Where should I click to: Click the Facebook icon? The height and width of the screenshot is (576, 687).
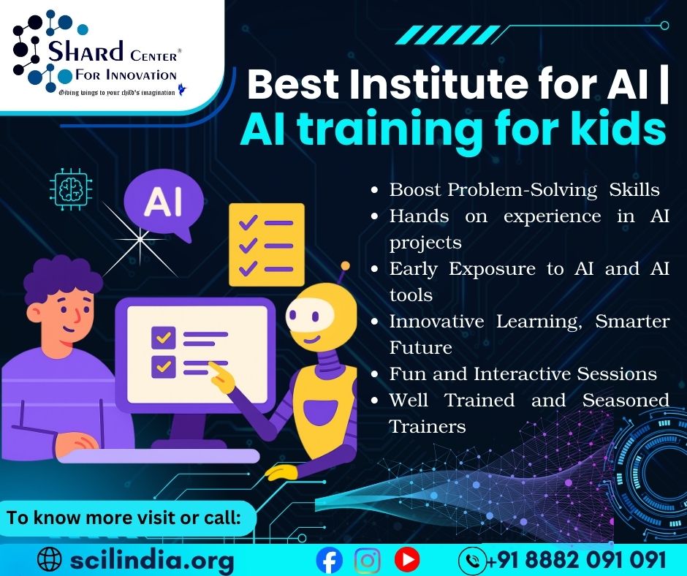pos(329,560)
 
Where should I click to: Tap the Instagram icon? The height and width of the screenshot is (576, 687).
pos(367,560)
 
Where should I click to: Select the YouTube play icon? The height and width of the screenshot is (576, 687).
pos(407,559)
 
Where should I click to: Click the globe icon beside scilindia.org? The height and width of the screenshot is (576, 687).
pos(50,560)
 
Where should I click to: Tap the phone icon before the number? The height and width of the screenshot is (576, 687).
pos(472,560)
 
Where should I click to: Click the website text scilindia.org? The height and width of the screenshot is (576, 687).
pos(152,560)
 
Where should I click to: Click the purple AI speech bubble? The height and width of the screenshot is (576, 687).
pos(164,204)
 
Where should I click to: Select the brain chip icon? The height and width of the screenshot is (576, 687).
pos(71,189)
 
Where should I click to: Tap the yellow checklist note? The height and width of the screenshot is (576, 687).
pos(266,245)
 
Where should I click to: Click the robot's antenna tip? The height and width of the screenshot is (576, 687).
pos(345,265)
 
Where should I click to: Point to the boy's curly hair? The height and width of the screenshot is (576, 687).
pos(61,278)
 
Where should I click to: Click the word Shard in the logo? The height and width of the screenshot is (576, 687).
pos(86,51)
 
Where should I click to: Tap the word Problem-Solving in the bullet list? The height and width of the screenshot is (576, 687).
pos(523,190)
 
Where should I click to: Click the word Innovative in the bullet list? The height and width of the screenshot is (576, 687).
pos(437,322)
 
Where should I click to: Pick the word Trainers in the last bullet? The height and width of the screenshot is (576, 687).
pos(428,427)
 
